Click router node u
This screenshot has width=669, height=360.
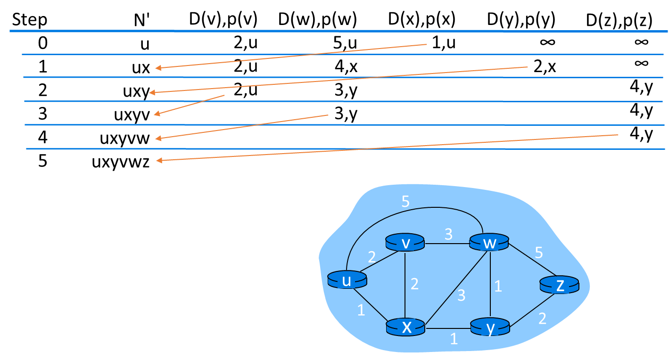point(347,280)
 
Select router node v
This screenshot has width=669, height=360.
point(405,243)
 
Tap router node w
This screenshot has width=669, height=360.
point(489,243)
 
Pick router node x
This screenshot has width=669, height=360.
point(405,327)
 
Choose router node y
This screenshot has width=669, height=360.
point(490,327)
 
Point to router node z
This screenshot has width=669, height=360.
point(559,285)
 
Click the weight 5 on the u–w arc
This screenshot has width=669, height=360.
point(405,202)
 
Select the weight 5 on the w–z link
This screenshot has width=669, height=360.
point(539,253)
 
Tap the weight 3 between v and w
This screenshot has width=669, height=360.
point(448,234)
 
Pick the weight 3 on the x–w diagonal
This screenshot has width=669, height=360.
point(461,295)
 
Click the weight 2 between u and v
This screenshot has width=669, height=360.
point(372,257)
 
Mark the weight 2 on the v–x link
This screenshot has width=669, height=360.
point(414,284)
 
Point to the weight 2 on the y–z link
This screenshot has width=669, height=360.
point(542,319)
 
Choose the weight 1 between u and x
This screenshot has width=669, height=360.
point(361,311)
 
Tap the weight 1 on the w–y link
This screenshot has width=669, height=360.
point(498,286)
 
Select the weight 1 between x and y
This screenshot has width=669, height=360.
point(454,339)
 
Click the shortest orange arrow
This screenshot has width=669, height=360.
point(189,105)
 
